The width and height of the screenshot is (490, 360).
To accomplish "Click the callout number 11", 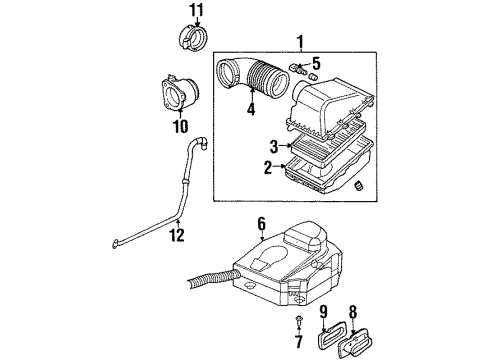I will click(195, 13).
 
